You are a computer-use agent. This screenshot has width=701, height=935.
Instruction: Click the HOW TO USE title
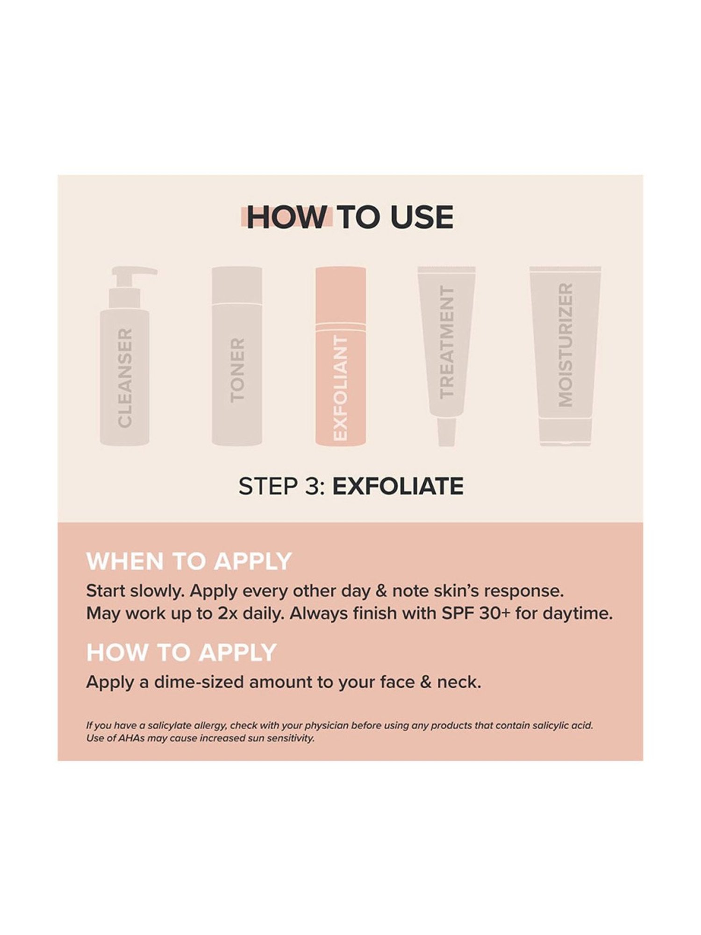coord(350,217)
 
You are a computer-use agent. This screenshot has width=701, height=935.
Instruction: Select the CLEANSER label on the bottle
coord(125,377)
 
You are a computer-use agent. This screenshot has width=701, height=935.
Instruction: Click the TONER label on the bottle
coord(237,370)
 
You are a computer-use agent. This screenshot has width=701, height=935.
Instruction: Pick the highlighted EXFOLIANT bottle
coord(341,356)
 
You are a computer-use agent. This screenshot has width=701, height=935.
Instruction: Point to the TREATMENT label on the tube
coord(447,342)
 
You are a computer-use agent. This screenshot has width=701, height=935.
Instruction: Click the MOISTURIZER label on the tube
coord(565,345)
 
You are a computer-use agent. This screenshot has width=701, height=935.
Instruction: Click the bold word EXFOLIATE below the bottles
coord(398,486)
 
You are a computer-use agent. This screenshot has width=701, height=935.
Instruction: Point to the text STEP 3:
coord(282,486)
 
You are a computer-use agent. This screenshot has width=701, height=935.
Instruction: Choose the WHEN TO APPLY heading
coord(189,561)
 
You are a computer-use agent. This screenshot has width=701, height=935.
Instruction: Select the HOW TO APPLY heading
coord(182,653)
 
